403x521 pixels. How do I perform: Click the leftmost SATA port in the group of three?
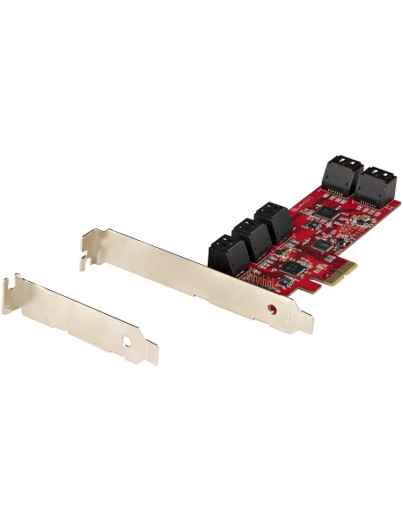click(x=224, y=252)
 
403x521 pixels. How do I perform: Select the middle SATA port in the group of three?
click(x=248, y=236)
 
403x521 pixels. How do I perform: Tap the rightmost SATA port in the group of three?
click(x=272, y=221)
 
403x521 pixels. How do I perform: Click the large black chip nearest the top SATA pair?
click(x=330, y=214)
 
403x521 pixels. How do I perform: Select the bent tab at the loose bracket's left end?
click(x=11, y=294)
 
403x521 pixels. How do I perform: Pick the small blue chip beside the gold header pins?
click(x=284, y=282)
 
